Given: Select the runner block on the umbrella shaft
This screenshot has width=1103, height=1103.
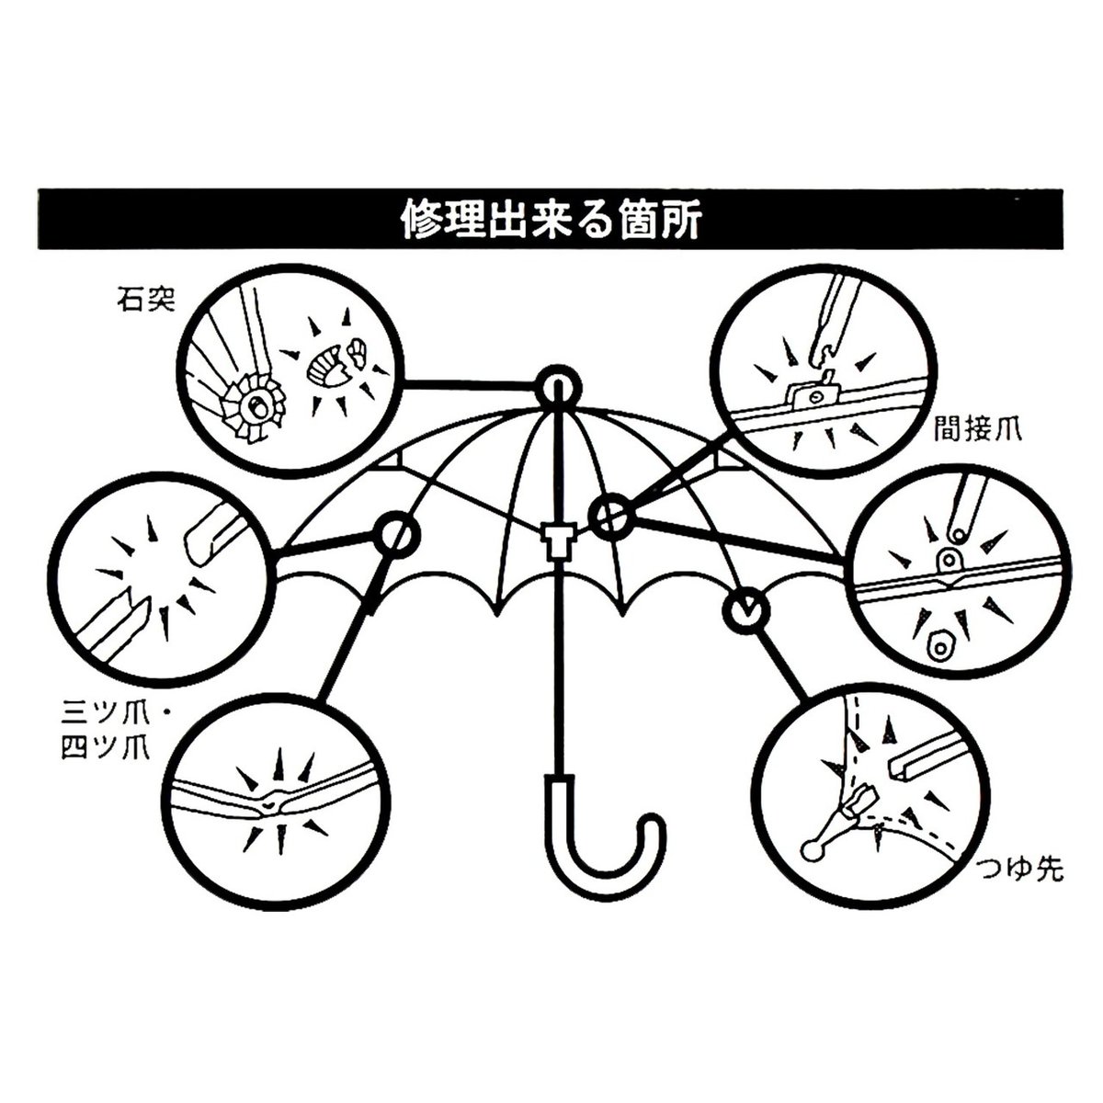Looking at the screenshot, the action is (x=557, y=539).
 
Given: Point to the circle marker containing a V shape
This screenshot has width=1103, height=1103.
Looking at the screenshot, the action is (x=745, y=610).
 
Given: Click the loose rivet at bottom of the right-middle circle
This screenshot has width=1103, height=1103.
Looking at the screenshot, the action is (x=938, y=646).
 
